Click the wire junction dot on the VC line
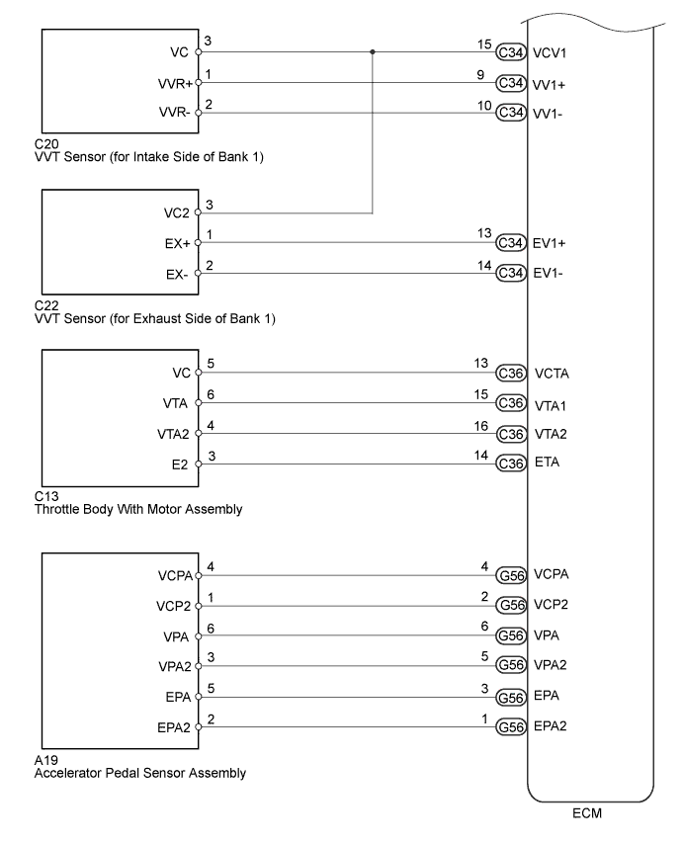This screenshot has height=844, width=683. click(x=373, y=51)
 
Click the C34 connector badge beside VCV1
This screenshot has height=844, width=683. click(x=511, y=51)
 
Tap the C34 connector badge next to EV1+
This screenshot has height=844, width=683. click(x=511, y=242)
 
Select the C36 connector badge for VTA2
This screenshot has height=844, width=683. click(x=511, y=434)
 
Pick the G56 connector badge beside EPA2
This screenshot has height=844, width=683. click(x=511, y=726)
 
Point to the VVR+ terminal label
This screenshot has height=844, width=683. click(x=176, y=83)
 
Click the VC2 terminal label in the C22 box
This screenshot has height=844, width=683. click(x=178, y=211)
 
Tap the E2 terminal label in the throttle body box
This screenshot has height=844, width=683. click(x=180, y=464)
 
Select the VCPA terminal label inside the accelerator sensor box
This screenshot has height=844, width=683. click(x=174, y=574)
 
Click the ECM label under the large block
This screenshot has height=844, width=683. click(x=588, y=815)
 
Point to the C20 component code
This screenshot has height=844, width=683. click(x=45, y=143)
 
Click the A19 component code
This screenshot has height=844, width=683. click(x=45, y=761)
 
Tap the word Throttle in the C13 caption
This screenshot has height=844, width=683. click(x=58, y=509)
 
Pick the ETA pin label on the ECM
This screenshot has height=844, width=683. click(x=546, y=463)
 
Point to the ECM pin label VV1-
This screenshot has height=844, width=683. click(x=549, y=114)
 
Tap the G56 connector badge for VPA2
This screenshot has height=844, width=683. click(x=511, y=665)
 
